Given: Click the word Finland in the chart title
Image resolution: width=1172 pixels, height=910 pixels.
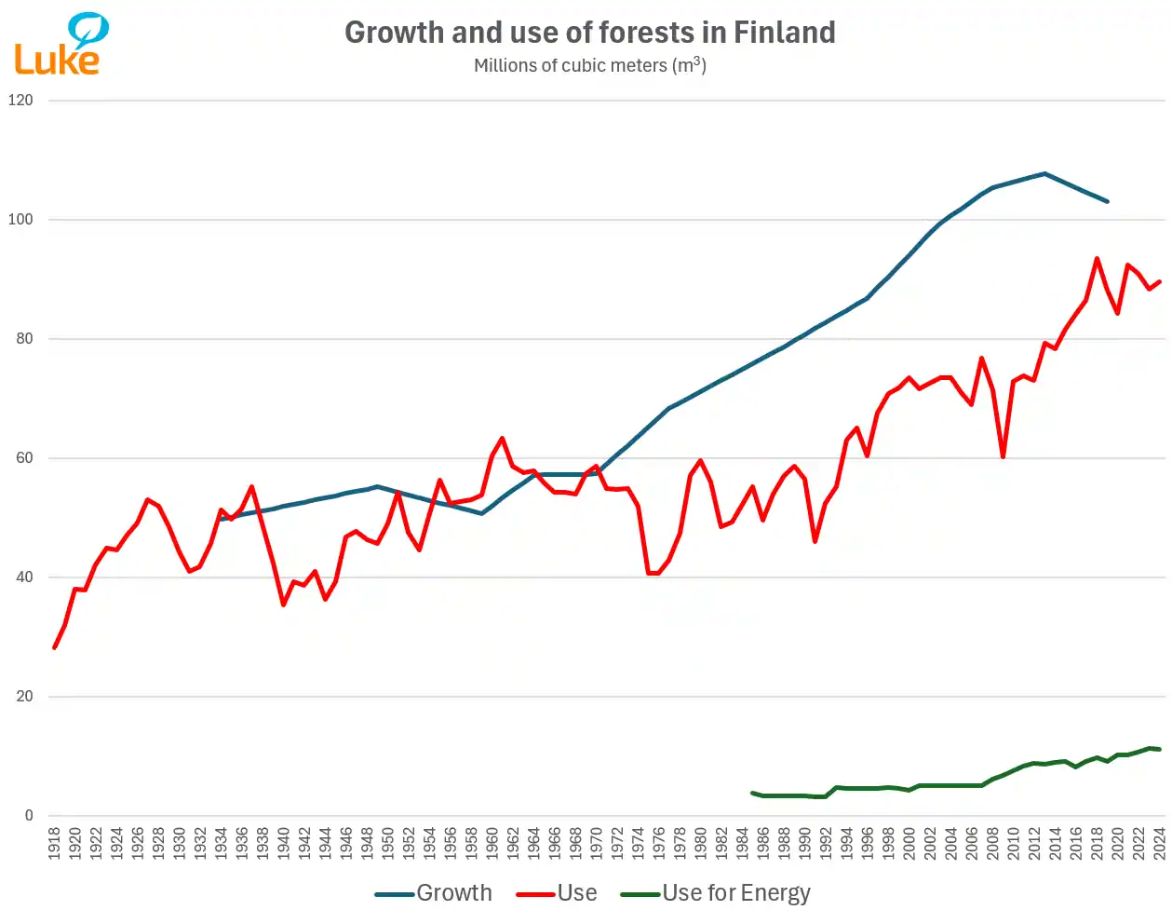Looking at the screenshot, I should point(784,33).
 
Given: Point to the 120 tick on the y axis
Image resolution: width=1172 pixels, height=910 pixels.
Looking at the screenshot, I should point(20,101).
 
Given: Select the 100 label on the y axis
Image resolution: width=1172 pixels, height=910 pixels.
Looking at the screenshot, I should point(20,220).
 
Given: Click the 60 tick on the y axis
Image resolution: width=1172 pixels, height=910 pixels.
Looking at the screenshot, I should point(23,458).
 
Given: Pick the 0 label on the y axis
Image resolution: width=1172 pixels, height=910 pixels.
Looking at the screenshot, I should point(28,816).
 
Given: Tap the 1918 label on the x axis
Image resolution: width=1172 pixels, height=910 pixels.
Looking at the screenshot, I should point(54,844).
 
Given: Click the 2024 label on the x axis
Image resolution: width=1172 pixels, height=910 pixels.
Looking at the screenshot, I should point(1160,844).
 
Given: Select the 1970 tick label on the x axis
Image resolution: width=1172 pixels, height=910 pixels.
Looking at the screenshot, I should point(596,844).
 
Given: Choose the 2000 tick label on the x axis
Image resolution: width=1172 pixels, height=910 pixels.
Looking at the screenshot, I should point(909,844).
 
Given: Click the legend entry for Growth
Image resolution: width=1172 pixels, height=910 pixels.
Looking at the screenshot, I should point(434,893).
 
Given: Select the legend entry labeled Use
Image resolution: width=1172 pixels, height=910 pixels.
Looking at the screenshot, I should point(557,893).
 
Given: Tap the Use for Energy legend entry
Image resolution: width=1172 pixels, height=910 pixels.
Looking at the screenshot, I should point(715,893).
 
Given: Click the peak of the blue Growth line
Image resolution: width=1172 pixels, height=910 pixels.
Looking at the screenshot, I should point(1044,173).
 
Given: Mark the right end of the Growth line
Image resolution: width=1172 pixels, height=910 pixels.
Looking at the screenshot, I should point(1108,201).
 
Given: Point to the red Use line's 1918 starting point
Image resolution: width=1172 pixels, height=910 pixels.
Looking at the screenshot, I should point(54,647).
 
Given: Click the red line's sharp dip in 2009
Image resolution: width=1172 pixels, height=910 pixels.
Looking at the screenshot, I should point(1003,456).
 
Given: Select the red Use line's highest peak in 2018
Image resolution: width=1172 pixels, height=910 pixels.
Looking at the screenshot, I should point(1097,258).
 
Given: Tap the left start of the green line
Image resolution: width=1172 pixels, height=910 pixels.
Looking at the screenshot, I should point(752,793).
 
